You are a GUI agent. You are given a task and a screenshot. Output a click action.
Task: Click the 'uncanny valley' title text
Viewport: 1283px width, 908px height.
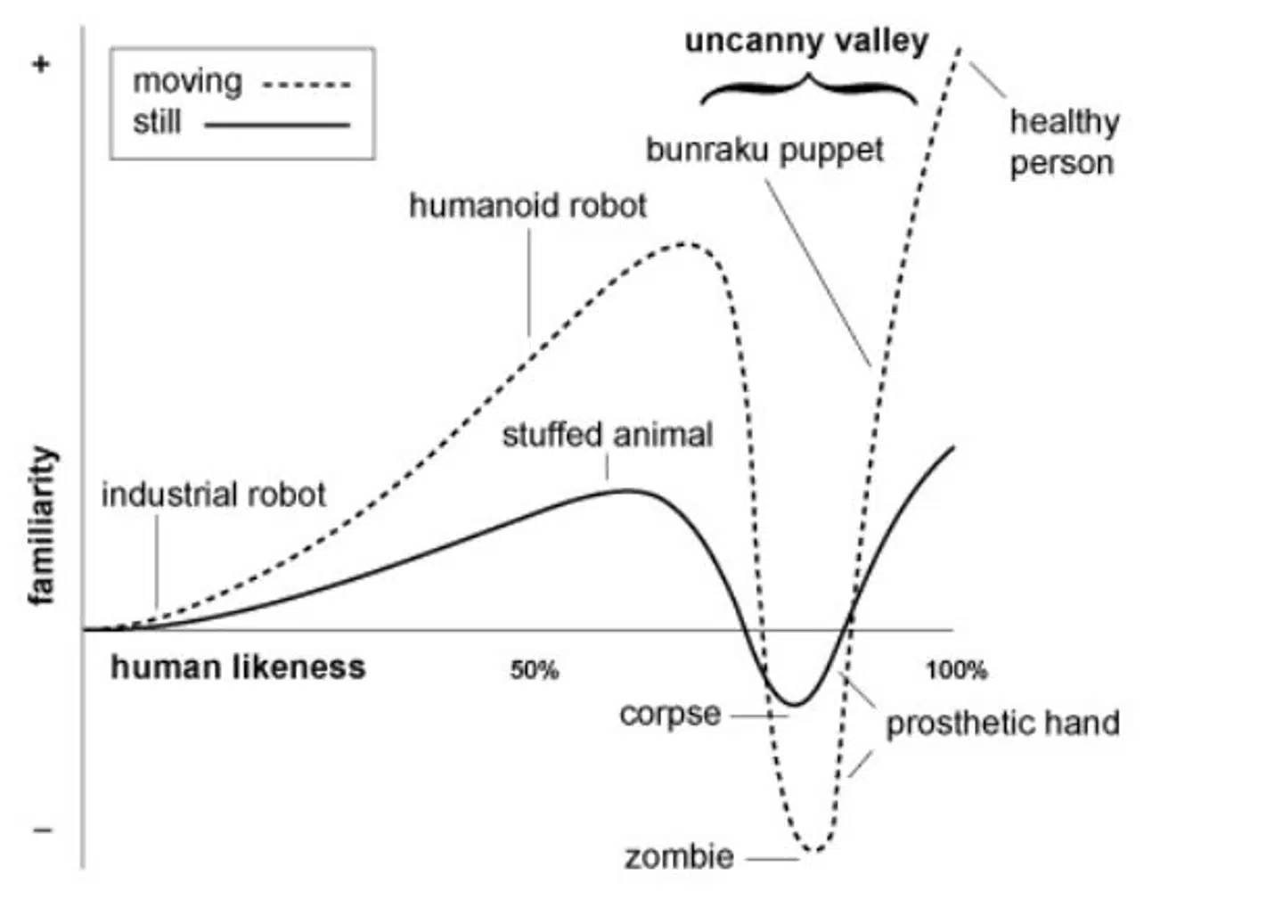(x=806, y=41)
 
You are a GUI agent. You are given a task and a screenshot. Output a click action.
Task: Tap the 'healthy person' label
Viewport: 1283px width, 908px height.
(x=1063, y=142)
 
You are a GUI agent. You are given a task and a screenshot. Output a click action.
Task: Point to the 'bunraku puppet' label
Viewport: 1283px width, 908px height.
(x=764, y=150)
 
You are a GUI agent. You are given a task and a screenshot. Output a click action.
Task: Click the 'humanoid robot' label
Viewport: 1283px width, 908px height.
(x=527, y=206)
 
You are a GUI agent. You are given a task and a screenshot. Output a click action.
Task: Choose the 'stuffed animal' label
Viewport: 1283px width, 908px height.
(x=607, y=435)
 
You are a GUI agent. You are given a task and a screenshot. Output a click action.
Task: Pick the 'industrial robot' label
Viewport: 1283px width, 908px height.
(x=214, y=495)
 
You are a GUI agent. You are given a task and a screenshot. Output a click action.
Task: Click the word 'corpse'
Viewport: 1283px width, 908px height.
(x=670, y=714)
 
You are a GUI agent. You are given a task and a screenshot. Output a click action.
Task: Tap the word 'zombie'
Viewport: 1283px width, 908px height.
(x=679, y=857)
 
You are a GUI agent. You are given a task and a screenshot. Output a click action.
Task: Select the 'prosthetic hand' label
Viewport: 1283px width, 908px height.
(x=1002, y=723)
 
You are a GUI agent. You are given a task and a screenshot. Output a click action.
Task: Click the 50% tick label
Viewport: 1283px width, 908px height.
(x=535, y=670)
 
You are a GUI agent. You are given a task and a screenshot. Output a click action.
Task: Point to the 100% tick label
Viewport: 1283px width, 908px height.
(x=956, y=670)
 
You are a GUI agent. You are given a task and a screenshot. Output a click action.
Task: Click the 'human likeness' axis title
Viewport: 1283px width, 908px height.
(x=238, y=667)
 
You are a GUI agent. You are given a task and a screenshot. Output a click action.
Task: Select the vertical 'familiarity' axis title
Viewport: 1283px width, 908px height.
(x=42, y=526)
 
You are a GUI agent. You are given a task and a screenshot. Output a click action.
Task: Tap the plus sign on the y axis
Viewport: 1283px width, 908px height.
(x=41, y=64)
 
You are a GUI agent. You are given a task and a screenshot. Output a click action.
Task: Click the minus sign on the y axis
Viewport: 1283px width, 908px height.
(x=42, y=830)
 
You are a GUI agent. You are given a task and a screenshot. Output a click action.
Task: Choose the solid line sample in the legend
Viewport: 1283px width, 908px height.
(x=277, y=125)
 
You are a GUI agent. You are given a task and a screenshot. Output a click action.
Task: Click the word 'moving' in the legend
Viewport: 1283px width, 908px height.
(x=187, y=82)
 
